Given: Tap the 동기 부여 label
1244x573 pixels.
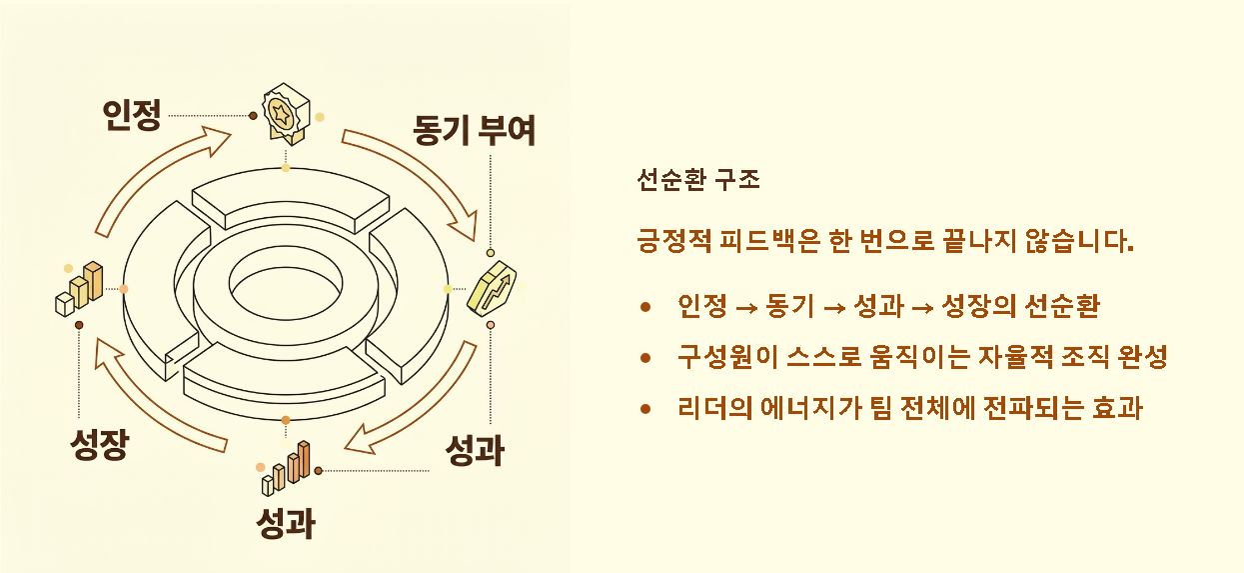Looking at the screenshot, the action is tap(474, 130).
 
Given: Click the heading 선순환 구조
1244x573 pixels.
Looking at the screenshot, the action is tap(698, 180).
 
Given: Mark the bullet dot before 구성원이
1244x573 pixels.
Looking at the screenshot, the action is tap(646, 357).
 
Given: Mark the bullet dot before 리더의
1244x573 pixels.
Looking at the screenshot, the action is tap(646, 408).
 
